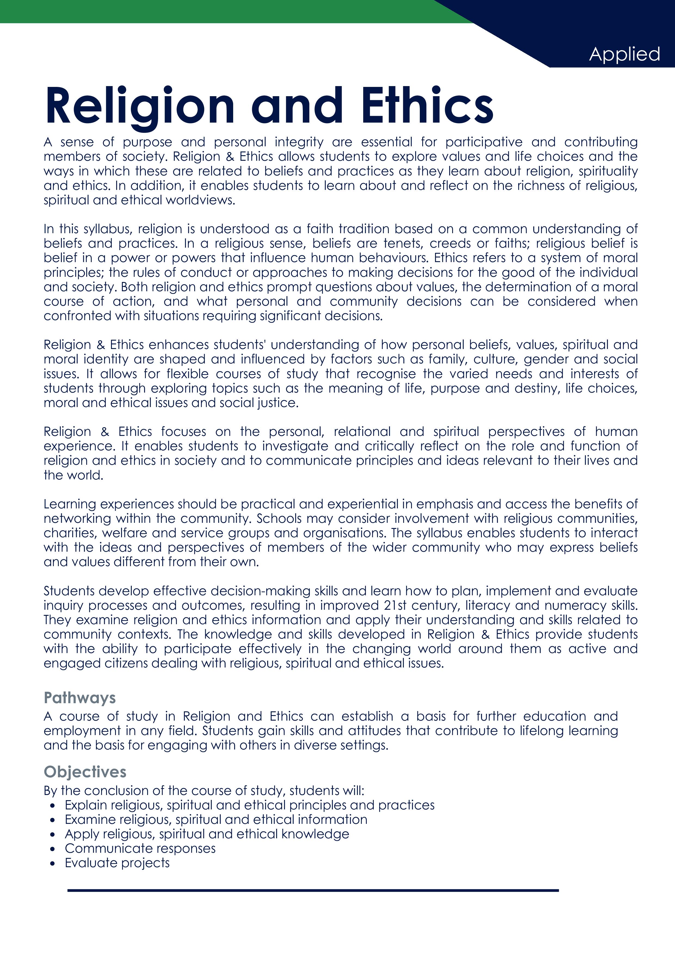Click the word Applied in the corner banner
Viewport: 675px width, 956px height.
click(624, 54)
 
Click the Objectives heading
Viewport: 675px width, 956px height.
click(85, 772)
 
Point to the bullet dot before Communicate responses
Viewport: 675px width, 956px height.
click(52, 849)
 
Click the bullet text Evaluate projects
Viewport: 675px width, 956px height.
click(117, 863)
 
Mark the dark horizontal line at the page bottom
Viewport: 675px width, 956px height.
click(313, 891)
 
